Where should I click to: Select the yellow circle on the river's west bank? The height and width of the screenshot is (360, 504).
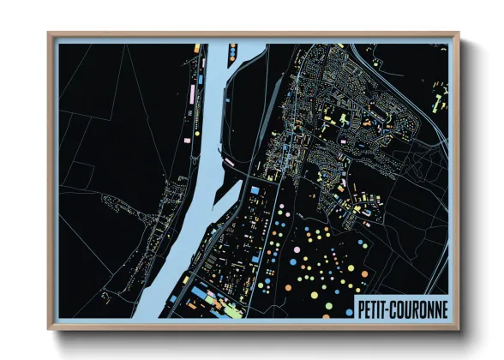tap(195, 132)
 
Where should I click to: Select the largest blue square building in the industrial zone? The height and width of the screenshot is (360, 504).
tap(254, 186)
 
